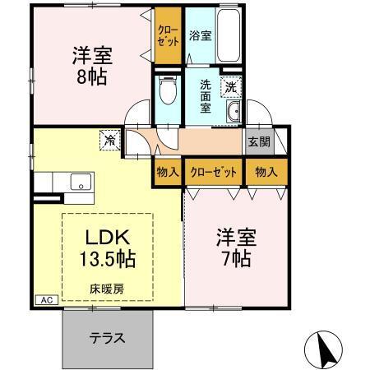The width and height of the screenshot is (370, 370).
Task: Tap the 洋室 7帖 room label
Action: (x=235, y=246)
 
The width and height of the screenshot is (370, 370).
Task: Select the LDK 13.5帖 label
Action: (x=106, y=247)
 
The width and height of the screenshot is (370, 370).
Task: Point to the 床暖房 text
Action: (x=107, y=289)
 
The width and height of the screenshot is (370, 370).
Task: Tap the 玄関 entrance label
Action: (x=258, y=141)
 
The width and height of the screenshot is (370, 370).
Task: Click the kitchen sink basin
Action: (x=82, y=181)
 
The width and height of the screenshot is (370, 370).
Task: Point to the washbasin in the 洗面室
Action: (x=234, y=113)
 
